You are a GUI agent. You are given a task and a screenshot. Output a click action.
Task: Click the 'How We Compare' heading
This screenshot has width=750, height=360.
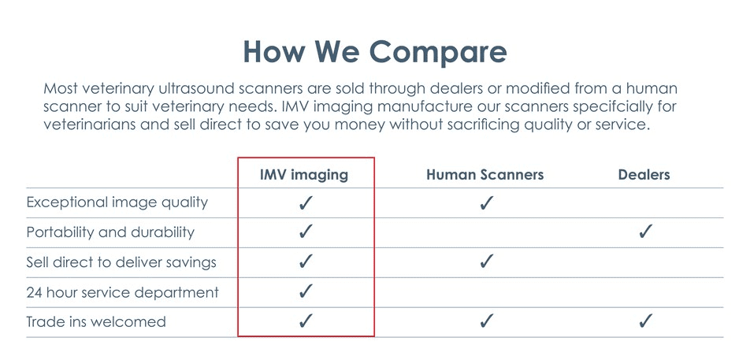[374, 52]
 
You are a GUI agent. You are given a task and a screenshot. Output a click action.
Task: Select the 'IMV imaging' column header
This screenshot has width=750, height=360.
[304, 175]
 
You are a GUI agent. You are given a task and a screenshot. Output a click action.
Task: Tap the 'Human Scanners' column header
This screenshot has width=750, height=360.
[485, 175]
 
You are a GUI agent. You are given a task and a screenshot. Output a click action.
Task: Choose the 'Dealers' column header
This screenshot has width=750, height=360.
[644, 175]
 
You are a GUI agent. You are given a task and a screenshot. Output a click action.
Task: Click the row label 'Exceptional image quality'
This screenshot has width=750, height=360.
[117, 202]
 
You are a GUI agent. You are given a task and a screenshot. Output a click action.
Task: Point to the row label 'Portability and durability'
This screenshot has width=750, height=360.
[110, 232]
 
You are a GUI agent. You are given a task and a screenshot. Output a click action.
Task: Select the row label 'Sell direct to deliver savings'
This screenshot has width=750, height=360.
[121, 262]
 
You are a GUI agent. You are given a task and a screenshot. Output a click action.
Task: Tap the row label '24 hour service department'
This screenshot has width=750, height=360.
[122, 292]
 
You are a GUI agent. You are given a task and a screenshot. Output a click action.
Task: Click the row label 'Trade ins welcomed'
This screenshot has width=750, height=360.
[96, 321]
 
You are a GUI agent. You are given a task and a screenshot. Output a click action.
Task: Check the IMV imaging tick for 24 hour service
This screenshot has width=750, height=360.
[305, 291]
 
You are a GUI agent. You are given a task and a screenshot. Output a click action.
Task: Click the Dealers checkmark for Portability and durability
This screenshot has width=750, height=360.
[644, 232]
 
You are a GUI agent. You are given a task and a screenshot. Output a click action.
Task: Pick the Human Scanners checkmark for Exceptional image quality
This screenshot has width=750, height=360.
[486, 202]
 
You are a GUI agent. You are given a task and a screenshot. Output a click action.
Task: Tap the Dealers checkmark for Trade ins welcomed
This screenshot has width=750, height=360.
[644, 321]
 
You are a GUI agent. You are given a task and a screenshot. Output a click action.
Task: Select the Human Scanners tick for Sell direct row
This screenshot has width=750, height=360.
[486, 262]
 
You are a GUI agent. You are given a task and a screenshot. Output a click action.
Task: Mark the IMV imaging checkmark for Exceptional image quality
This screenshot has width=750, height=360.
[305, 202]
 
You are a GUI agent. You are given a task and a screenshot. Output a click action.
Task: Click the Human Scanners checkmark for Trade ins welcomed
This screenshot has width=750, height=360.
[486, 321]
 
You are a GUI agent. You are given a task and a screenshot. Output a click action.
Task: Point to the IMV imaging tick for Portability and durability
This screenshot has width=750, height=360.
[305, 232]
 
